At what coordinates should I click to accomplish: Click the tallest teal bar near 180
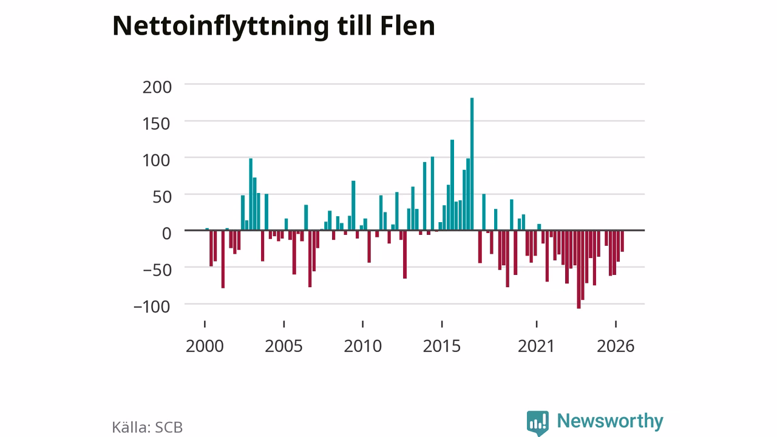[x=472, y=164]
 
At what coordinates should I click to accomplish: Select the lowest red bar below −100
[x=579, y=269]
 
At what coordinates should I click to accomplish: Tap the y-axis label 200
[x=157, y=87]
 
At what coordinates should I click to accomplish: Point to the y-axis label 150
[x=157, y=124]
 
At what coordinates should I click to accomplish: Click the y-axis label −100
[x=152, y=307]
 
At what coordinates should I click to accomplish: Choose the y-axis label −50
[x=157, y=270]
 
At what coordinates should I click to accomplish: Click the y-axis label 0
[x=166, y=234]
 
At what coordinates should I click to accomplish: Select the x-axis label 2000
[x=205, y=346]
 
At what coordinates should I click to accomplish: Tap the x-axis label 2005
[x=283, y=346]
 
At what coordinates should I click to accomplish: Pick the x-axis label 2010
[x=363, y=346]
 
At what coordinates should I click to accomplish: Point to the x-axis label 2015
[x=441, y=346]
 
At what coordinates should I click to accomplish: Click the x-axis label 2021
[x=536, y=346]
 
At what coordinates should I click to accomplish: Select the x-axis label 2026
[x=616, y=346]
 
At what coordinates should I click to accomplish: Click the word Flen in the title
[x=407, y=25]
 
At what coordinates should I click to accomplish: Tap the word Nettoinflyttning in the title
[x=220, y=27]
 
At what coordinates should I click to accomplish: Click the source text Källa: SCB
[x=147, y=427]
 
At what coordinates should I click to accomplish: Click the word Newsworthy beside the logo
[x=610, y=421]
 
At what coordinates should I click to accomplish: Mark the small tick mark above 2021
[x=537, y=324]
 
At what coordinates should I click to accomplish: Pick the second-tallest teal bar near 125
[x=452, y=185]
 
